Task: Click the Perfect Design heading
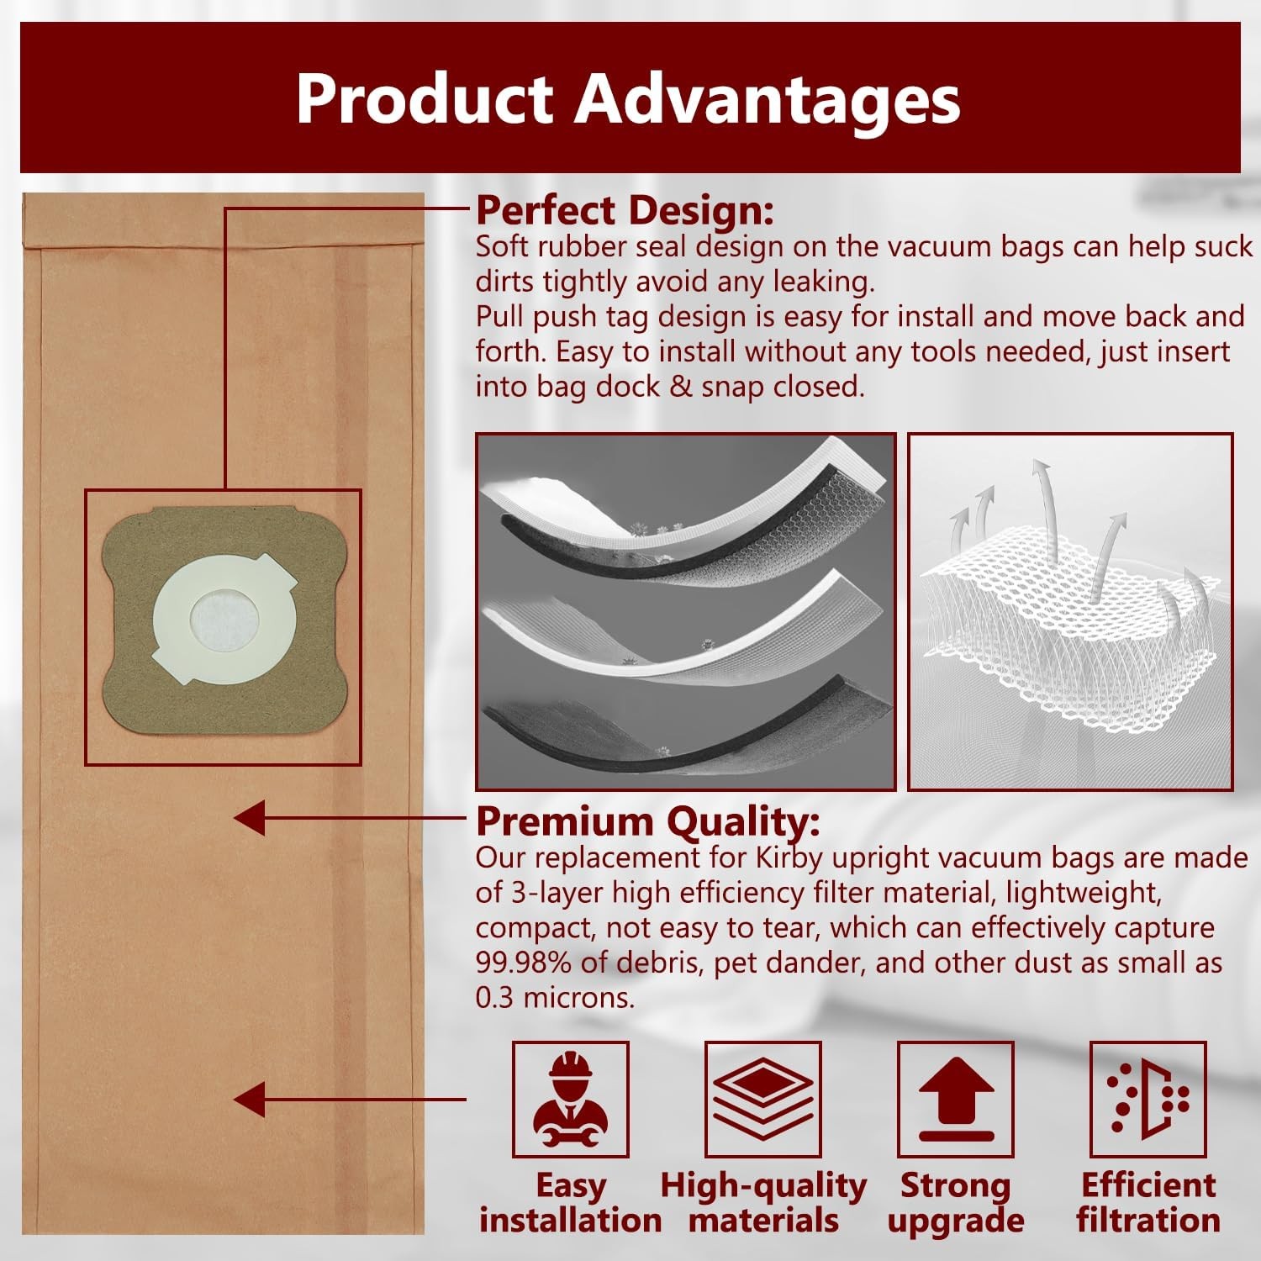click(x=625, y=210)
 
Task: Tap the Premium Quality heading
click(x=647, y=821)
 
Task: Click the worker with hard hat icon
click(x=571, y=1099)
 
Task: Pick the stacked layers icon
click(x=762, y=1099)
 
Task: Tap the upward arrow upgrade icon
click(x=956, y=1099)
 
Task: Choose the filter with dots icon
click(x=1148, y=1099)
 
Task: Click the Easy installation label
click(x=571, y=1203)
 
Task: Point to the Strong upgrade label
click(x=956, y=1203)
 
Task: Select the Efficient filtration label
click(x=1148, y=1203)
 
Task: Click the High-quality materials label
click(x=763, y=1203)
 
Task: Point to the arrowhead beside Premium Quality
click(x=250, y=817)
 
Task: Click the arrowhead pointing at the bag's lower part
click(x=250, y=1100)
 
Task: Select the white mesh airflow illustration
click(x=1070, y=612)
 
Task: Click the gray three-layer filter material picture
click(x=686, y=612)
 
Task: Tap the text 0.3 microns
click(x=555, y=998)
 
